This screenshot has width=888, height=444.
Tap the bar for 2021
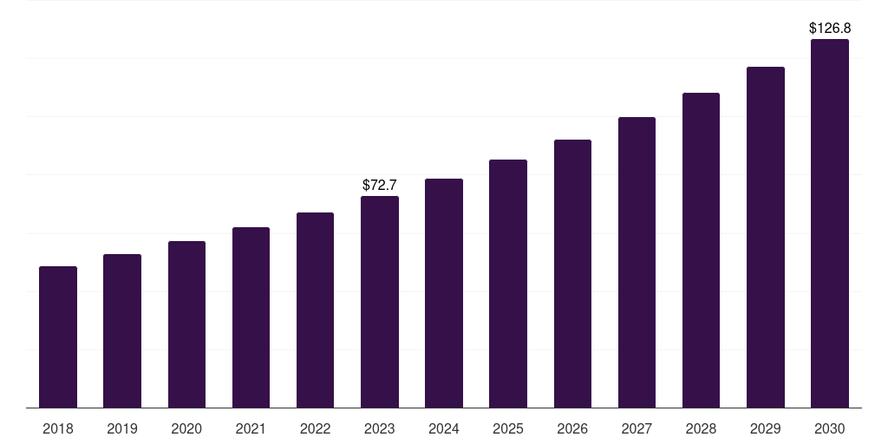coord(251,317)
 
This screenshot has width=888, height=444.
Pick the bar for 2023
coord(380,302)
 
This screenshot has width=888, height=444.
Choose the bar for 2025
coord(508,284)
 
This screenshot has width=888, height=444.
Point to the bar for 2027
coord(637,262)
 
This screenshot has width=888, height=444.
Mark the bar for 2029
coord(766,237)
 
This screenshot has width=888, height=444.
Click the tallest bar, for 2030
coord(830,223)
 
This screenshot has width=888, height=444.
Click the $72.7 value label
coord(380,185)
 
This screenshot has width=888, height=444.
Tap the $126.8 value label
coord(830,29)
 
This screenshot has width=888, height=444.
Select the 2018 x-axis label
coord(58,428)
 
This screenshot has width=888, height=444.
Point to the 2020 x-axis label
coord(186,428)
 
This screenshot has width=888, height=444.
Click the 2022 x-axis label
coord(315,428)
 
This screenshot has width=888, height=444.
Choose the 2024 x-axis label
coord(444,428)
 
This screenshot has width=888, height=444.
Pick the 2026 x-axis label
coord(572,428)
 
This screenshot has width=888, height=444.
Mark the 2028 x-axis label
coord(701,428)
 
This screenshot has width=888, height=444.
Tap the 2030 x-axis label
coord(830,428)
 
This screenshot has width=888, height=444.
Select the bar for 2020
coord(186,324)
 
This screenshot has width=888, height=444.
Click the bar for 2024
coord(444,293)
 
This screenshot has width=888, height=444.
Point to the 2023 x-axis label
coord(380,428)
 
